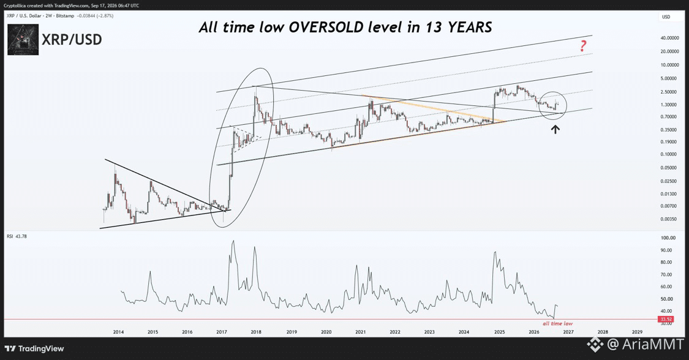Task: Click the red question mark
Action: pyautogui.click(x=583, y=46)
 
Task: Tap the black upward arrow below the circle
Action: pyautogui.click(x=555, y=129)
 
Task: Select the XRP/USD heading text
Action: pyautogui.click(x=72, y=40)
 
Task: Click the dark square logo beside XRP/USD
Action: pyautogui.click(x=23, y=40)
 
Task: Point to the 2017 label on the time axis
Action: pyautogui.click(x=222, y=332)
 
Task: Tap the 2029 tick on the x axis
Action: pyautogui.click(x=637, y=332)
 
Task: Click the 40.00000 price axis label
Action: pyautogui.click(x=669, y=38)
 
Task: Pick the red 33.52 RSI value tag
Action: pyautogui.click(x=666, y=319)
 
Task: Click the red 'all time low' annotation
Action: pyautogui.click(x=557, y=323)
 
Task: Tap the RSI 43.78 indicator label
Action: pyautogui.click(x=17, y=236)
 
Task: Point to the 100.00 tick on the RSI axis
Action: pyautogui.click(x=668, y=238)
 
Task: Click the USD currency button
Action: pyautogui.click(x=666, y=17)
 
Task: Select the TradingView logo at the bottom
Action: pyautogui.click(x=34, y=348)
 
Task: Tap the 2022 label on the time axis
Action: pyautogui.click(x=395, y=332)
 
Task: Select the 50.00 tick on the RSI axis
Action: pyautogui.click(x=667, y=299)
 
